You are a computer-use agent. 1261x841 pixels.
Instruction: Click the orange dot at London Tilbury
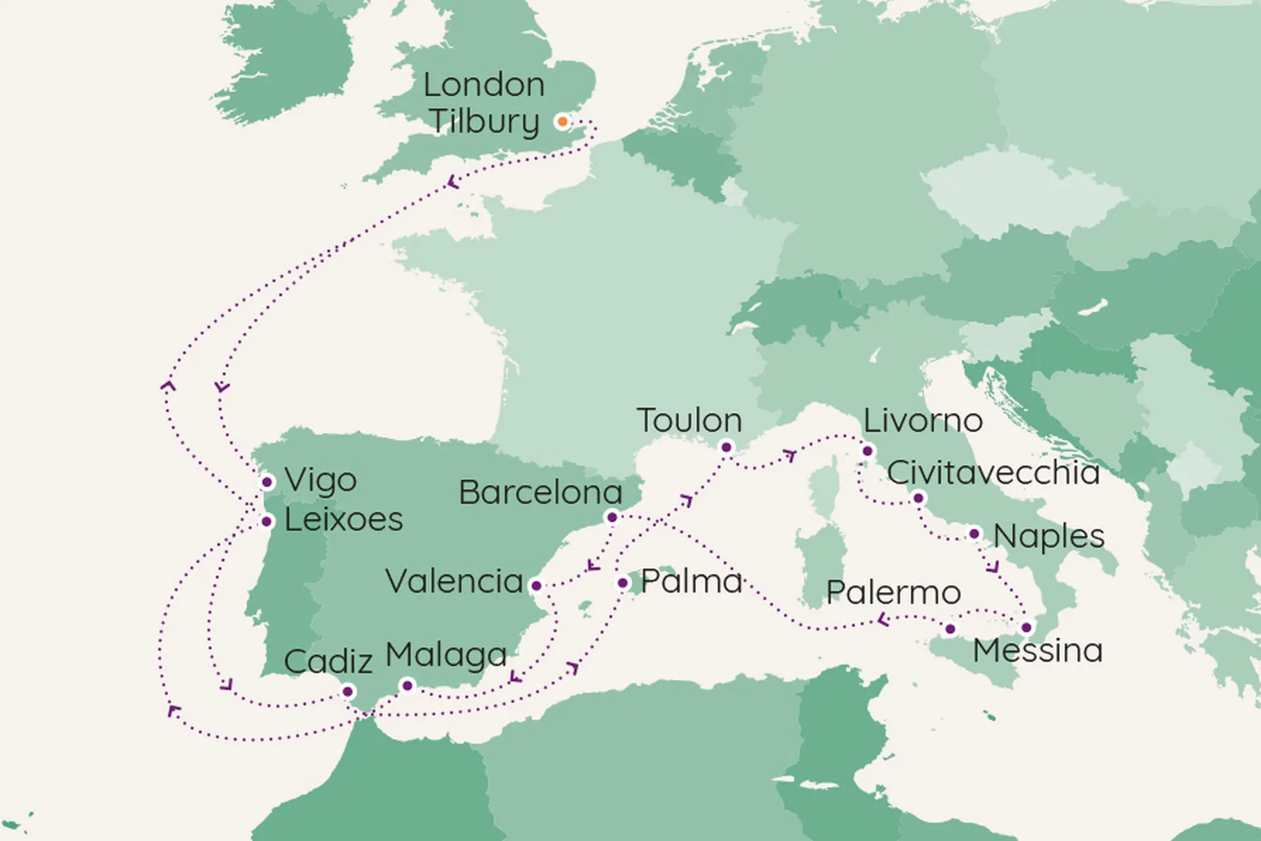pos(562,122)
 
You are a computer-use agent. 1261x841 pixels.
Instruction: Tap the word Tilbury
pos(485,122)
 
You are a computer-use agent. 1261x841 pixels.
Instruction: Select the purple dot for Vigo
pos(267,482)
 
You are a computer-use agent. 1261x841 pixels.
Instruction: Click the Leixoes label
pos(343,520)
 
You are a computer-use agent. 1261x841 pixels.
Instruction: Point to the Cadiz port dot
pos(348,691)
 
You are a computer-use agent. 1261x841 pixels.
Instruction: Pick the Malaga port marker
pos(407,686)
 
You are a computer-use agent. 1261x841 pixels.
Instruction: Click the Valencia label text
pos(454,581)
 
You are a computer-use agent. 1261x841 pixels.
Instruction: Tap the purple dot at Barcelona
pos(612,517)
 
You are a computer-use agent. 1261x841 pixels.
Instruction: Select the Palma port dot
pos(623,583)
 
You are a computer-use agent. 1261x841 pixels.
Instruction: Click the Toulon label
pos(689,420)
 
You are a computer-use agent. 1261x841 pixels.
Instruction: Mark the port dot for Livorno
pos(868,451)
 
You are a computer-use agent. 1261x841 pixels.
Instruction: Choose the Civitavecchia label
pos(993,473)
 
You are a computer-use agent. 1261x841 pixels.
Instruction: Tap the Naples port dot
pos(975,534)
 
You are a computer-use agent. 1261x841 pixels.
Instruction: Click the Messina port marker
pos(1027,627)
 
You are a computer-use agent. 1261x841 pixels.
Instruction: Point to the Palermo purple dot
pos(950,629)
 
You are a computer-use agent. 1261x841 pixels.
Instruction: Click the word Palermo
pos(893,593)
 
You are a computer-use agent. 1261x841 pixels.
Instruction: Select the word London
pos(484,85)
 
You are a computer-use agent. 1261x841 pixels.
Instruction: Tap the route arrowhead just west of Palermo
pos(883,619)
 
